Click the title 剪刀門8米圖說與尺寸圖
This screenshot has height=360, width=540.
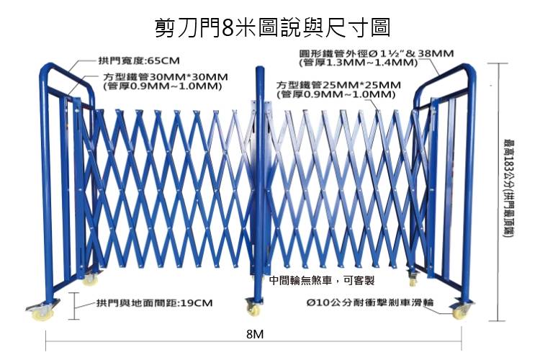pyautogui.click(x=272, y=27)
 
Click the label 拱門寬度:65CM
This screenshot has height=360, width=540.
pyautogui.click(x=139, y=61)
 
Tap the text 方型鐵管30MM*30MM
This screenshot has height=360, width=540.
pyautogui.click(x=166, y=76)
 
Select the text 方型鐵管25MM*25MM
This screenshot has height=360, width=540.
pyautogui.click(x=338, y=85)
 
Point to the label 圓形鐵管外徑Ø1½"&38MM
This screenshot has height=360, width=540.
pyautogui.click(x=377, y=53)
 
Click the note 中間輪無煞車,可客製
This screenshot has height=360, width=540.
pyautogui.click(x=322, y=281)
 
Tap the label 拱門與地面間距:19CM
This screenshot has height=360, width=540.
pyautogui.click(x=154, y=303)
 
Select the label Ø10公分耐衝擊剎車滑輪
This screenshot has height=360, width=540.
pyautogui.click(x=370, y=302)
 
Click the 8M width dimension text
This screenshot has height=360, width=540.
pyautogui.click(x=255, y=334)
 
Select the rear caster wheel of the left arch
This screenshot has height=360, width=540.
pyautogui.click(x=90, y=279)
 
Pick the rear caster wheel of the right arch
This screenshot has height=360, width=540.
pyautogui.click(x=413, y=280)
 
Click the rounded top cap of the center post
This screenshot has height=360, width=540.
pyautogui.click(x=259, y=70)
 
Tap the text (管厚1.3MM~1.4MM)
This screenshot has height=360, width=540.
pyautogui.click(x=358, y=63)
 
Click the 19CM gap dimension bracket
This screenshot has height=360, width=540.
pyautogui.click(x=73, y=306)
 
